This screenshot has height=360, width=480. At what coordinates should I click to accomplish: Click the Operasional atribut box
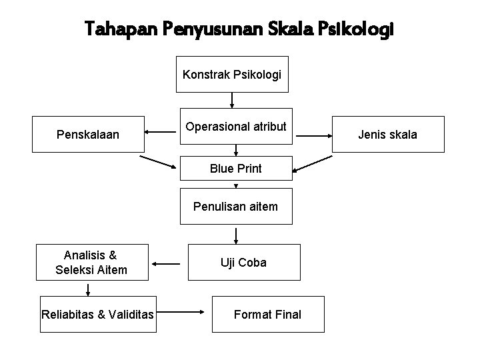pos(235,126)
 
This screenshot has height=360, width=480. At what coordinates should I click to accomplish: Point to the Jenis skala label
pos(387,135)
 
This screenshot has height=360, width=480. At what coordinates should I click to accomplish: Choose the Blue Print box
pos(235,169)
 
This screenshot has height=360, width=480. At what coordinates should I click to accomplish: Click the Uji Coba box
pos(243,262)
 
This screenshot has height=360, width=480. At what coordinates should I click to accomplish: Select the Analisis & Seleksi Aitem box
pos(89,262)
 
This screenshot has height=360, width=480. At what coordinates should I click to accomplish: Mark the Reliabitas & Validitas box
pos(97,314)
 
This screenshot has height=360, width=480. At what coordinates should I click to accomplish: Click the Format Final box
pos(267,314)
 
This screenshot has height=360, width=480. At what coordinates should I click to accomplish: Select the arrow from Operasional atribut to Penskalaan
pos(160,132)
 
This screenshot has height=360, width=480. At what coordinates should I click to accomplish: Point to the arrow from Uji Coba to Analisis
pos(166,264)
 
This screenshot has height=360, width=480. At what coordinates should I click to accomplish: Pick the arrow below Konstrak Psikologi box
pos(232,100)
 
